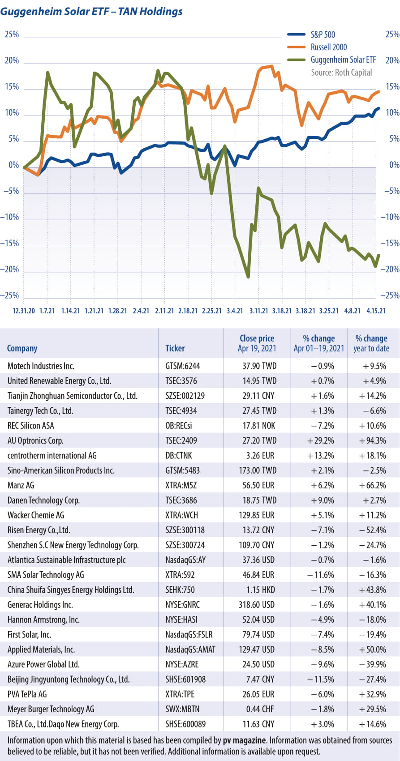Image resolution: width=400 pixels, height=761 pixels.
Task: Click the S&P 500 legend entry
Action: [x=323, y=34]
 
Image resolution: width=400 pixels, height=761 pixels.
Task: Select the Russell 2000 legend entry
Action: [x=328, y=47]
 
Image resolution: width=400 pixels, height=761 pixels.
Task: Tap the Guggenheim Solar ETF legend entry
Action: [x=343, y=60]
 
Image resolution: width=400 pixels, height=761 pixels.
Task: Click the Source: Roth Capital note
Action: [x=341, y=72]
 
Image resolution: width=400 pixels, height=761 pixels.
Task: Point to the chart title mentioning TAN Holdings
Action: [x=91, y=12]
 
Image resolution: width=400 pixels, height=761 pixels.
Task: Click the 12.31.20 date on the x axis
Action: [x=24, y=311]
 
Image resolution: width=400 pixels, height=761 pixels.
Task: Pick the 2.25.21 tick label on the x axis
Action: [x=211, y=311]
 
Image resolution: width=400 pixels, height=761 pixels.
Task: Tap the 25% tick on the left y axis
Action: [x=12, y=34]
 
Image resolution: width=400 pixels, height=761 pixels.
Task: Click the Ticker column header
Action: [x=175, y=348]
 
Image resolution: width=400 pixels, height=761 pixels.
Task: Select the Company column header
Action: [x=22, y=348]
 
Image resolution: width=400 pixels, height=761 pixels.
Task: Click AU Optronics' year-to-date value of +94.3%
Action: [x=372, y=440]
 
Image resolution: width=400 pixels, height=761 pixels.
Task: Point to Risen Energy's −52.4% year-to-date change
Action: [x=372, y=530]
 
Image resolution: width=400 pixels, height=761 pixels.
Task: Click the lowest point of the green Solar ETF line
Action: [x=248, y=277]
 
